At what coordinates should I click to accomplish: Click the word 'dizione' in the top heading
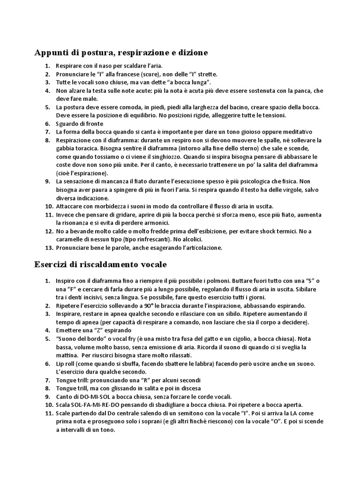(x=190, y=53)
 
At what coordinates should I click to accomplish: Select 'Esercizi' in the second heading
(x=51, y=265)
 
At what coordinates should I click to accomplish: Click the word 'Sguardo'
(x=68, y=124)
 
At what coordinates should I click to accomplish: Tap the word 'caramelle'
(x=70, y=240)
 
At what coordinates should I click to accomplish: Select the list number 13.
(x=48, y=247)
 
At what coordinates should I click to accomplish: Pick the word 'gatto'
(x=199, y=338)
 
